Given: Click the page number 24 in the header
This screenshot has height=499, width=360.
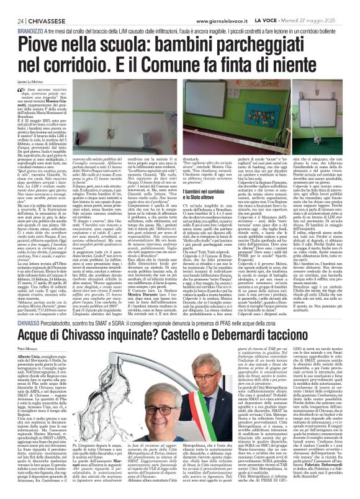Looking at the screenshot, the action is coord(11,5).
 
